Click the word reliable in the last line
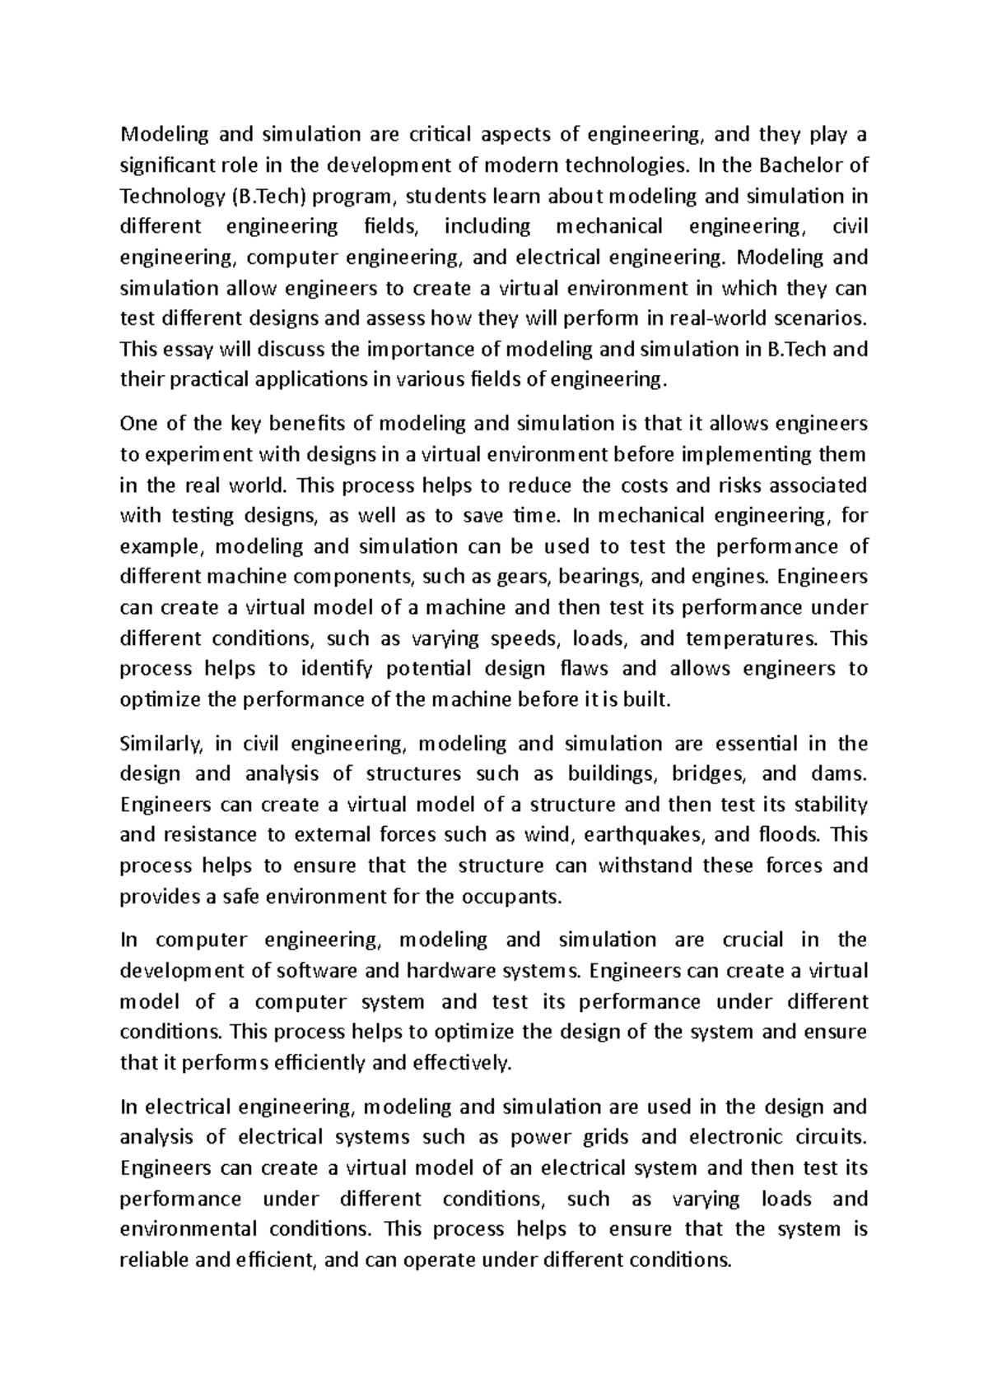point(153,1260)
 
